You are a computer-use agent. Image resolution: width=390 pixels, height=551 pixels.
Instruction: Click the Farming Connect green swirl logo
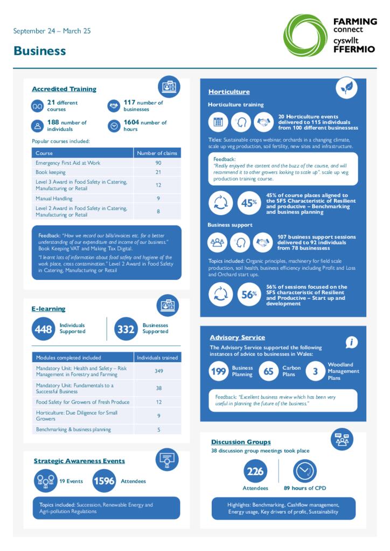305,36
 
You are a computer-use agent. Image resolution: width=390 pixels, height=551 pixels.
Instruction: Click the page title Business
40,51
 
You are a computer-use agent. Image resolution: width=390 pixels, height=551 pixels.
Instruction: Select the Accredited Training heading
64,89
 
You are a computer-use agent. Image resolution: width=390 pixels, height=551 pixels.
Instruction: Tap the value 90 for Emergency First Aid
158,163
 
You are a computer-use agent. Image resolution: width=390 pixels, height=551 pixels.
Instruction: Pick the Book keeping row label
51,172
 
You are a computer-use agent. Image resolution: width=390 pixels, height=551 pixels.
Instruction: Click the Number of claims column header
157,153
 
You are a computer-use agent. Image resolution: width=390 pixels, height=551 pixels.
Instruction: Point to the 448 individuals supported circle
43,329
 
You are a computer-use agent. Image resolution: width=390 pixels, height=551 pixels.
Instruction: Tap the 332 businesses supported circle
126,329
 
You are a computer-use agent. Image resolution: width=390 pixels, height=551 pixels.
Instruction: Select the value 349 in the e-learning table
158,371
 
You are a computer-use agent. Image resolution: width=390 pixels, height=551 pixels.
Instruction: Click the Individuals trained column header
157,358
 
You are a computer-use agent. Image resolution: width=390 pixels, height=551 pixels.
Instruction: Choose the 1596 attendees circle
104,481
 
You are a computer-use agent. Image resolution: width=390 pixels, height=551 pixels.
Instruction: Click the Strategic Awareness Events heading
79,461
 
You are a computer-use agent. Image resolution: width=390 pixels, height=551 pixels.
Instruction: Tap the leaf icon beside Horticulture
346,88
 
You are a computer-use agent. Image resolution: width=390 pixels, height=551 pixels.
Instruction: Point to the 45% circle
248,203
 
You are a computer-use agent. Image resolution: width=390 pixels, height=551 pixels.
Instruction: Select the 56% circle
248,295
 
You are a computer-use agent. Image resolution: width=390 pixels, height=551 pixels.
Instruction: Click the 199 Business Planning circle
219,371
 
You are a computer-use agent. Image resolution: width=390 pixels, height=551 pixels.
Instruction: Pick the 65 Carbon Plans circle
269,371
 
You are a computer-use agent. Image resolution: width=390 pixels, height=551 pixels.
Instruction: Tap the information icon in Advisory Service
351,342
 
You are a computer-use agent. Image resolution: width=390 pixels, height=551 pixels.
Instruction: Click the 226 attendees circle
255,471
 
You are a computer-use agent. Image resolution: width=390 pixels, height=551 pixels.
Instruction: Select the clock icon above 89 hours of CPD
304,471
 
